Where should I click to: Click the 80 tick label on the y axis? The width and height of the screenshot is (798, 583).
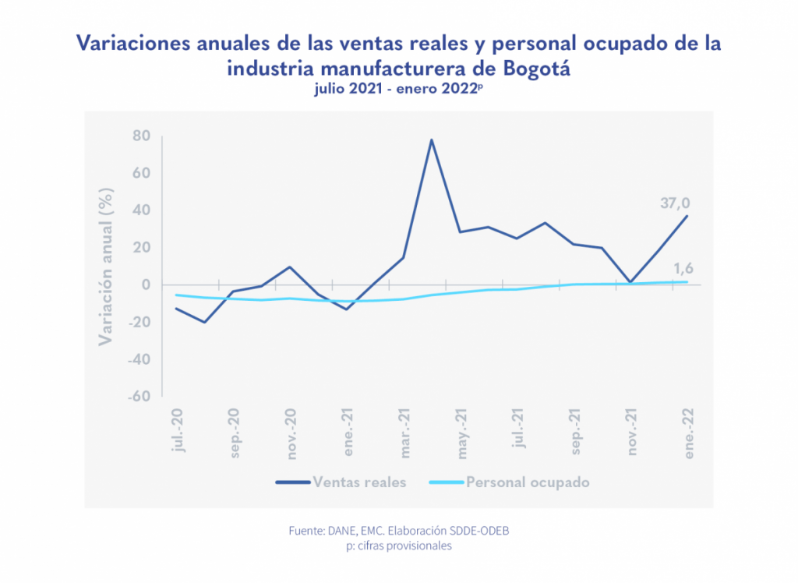(141, 136)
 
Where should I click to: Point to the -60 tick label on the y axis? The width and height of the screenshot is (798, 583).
(138, 396)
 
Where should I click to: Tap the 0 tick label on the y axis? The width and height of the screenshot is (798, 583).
(146, 284)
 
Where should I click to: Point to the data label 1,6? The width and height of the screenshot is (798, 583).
(683, 269)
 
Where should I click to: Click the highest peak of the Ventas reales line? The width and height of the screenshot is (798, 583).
(432, 140)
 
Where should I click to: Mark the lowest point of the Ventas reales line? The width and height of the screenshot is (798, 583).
(204, 322)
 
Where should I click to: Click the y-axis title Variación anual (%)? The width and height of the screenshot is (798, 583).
(106, 266)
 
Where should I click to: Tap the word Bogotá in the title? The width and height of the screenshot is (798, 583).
(538, 68)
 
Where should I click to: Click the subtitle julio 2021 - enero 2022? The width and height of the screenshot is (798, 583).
(397, 89)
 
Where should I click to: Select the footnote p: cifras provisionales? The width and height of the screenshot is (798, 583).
(398, 546)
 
